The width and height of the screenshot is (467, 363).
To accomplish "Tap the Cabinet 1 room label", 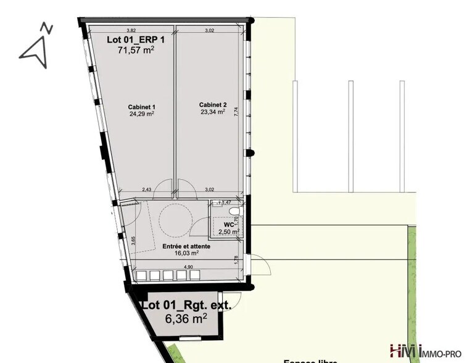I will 141,106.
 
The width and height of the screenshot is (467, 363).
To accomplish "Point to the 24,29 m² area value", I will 141,114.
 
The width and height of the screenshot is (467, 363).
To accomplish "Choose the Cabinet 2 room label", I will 212,105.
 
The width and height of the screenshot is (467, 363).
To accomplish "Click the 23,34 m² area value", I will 212,112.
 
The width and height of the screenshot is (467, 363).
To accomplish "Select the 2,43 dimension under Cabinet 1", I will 146,190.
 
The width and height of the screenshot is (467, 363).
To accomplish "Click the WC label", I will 228,225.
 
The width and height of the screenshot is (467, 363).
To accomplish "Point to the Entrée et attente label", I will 186,246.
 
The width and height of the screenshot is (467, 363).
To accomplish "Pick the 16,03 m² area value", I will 186,253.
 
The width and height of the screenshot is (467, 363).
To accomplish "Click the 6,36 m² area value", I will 186,319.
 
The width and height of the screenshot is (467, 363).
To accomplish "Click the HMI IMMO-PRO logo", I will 426,351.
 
